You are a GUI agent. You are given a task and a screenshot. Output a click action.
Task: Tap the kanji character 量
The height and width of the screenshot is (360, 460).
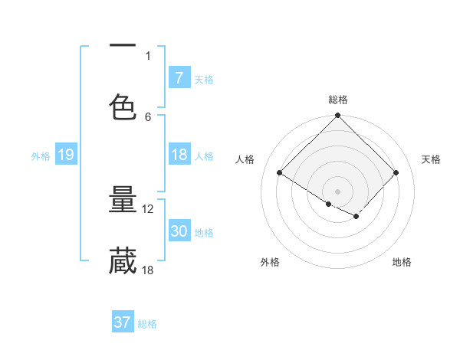pos(123,200)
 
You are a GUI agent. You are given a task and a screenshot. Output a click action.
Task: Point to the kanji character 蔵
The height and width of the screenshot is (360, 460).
pos(123,261)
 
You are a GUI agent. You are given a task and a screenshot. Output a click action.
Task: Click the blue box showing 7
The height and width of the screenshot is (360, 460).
pos(179,78)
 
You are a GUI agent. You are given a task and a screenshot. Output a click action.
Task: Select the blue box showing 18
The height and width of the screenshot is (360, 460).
pos(179,155)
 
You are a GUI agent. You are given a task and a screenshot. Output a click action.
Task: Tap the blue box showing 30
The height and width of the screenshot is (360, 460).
pos(179,231)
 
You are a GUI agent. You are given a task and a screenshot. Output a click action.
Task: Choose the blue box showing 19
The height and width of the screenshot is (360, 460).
pos(66,155)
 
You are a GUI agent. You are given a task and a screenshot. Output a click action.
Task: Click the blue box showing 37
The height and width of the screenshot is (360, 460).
pos(122,322)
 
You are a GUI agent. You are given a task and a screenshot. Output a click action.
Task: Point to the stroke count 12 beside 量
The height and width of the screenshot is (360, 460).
pos(148,208)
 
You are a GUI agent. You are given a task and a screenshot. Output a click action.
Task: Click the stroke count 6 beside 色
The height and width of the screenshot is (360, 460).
pos(148,116)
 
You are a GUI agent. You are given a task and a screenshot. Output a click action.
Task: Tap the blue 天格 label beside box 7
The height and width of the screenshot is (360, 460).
pos(204,79)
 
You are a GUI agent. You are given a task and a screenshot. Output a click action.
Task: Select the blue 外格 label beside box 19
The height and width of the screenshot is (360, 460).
pos(41,155)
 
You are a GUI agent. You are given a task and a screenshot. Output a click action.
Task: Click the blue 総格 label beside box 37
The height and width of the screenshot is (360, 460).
pos(147,323)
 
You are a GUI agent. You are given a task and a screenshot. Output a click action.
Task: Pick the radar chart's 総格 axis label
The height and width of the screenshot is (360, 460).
pos(338,100)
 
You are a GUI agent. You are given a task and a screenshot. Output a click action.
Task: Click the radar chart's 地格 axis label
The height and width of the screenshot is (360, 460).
pos(402,262)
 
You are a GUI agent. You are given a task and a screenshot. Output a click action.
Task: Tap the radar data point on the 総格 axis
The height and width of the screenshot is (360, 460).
pos(338,116)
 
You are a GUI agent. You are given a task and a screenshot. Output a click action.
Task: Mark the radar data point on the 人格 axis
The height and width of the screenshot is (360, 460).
pos(280,172)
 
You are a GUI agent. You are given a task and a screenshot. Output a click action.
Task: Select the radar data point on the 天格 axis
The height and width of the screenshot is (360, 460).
pos(396,172)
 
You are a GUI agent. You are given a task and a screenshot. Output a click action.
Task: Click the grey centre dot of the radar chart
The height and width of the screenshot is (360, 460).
pos(338,191)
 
